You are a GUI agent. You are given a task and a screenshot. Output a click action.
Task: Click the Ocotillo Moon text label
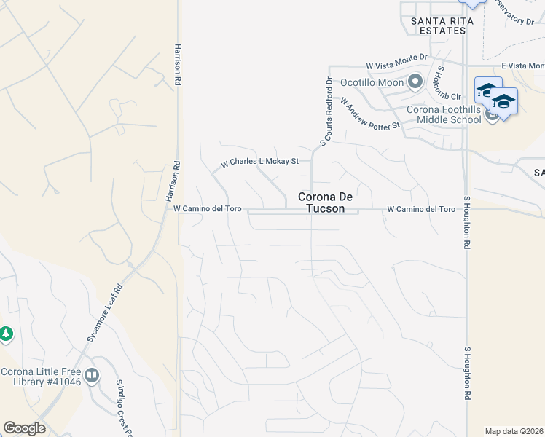click(372, 82)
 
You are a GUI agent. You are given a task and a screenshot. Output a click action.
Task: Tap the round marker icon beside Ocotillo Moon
click(415, 82)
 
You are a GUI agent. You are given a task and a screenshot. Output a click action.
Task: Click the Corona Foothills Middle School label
click(444, 114)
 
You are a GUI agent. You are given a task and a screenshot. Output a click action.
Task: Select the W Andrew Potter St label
click(370, 115)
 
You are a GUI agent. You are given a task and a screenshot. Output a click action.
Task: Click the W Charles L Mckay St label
click(260, 161)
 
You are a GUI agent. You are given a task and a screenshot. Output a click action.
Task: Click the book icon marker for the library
click(92, 376)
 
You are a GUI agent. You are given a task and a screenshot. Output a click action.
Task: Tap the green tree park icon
click(6, 334)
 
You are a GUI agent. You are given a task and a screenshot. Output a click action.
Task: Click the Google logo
click(24, 428)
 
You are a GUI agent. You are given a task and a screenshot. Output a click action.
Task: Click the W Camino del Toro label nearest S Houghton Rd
click(420, 209)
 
